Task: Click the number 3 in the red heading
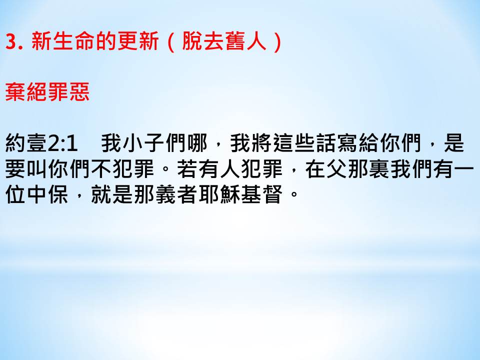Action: point(11,41)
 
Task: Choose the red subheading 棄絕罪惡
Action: point(47,92)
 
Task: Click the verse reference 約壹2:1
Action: point(41,143)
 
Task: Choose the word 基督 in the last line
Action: point(261,194)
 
